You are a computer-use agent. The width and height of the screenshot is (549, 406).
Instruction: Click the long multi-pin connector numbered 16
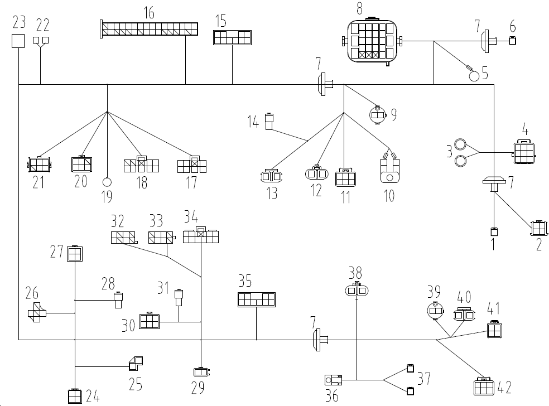click(x=150, y=30)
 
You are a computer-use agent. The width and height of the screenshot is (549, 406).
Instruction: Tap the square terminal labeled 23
click(x=19, y=41)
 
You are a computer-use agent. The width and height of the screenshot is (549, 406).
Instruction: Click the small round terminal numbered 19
click(x=107, y=181)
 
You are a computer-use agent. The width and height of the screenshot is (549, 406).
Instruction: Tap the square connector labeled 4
click(x=523, y=149)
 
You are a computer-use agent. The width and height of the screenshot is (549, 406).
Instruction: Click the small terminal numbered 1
click(x=494, y=231)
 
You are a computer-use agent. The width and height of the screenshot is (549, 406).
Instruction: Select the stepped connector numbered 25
click(x=135, y=364)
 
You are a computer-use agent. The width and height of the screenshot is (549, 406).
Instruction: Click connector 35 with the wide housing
click(x=256, y=299)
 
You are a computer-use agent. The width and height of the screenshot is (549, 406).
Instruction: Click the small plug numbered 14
click(x=269, y=121)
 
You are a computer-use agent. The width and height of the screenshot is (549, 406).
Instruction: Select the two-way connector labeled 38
click(x=356, y=290)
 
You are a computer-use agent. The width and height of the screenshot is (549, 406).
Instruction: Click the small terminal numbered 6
click(x=513, y=39)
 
